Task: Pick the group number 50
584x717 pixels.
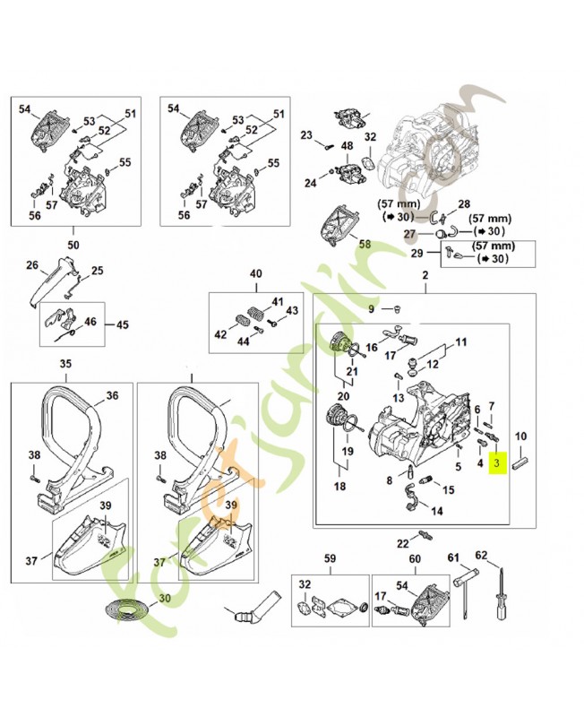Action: click(73, 243)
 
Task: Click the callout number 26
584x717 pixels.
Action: click(33, 266)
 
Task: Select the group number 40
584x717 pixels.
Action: click(255, 273)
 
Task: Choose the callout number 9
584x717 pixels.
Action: click(373, 309)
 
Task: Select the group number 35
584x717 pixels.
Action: click(65, 364)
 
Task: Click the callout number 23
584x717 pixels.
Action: click(306, 135)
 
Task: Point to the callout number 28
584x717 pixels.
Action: click(464, 205)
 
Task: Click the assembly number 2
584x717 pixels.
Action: click(425, 278)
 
